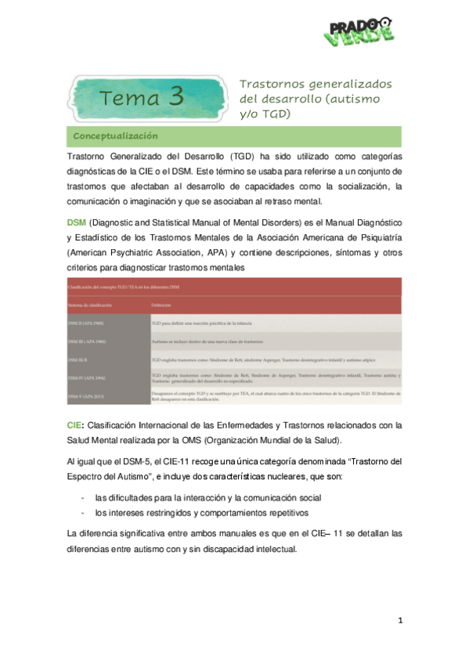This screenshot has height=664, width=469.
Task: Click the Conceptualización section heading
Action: click(110, 136)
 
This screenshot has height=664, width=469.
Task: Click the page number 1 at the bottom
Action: click(399, 621)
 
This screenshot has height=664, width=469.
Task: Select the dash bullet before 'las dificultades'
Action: click(82, 498)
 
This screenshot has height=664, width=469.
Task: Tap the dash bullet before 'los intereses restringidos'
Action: click(82, 513)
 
